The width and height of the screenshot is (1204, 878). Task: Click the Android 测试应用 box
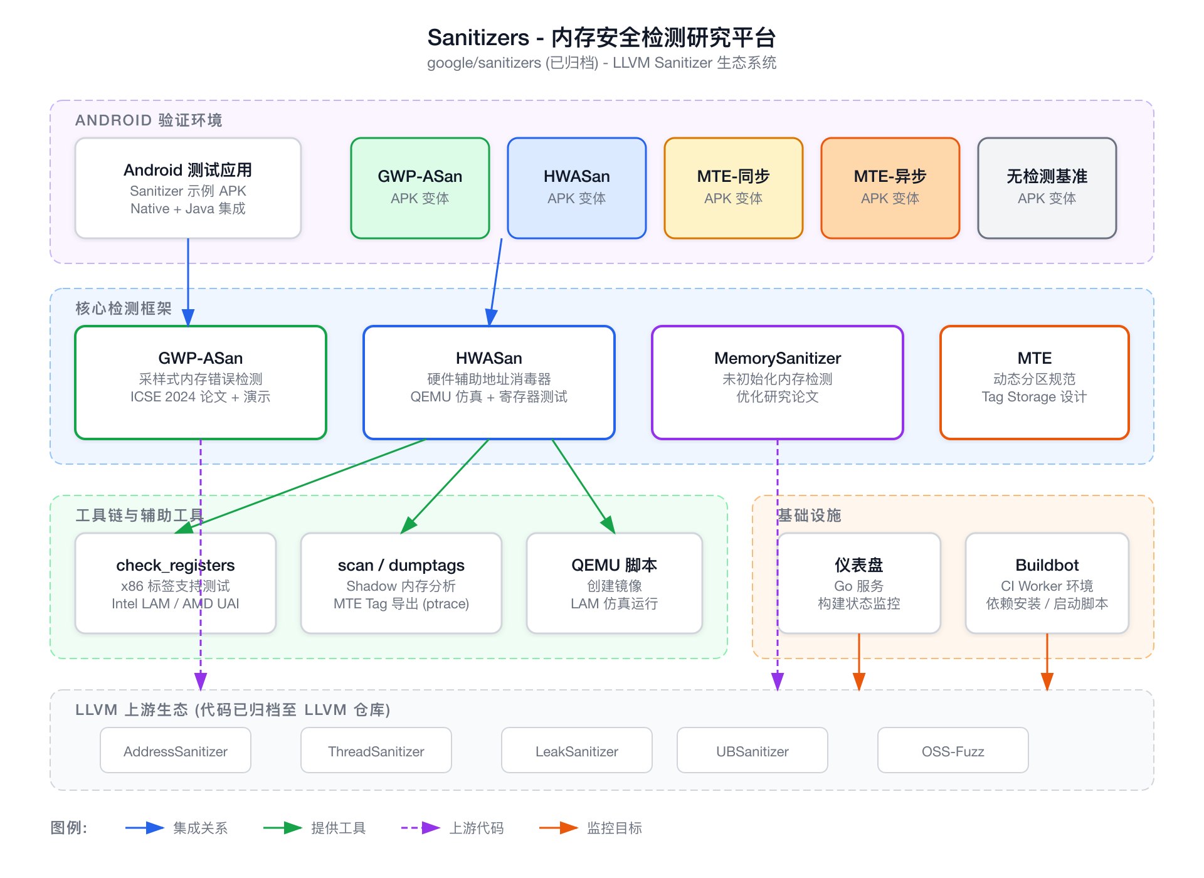pyautogui.click(x=187, y=188)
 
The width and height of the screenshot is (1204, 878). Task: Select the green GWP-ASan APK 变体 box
pyautogui.click(x=420, y=188)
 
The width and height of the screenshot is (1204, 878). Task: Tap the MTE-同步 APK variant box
pyautogui.click(x=733, y=188)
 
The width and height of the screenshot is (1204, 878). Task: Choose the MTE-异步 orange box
pyautogui.click(x=890, y=188)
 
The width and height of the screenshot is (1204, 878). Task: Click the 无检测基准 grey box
pyautogui.click(x=1047, y=188)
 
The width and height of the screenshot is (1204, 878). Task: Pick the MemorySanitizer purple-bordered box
pyautogui.click(x=777, y=383)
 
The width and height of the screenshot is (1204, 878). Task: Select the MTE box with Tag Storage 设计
pyautogui.click(x=1034, y=383)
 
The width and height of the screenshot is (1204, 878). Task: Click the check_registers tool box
pyautogui.click(x=175, y=583)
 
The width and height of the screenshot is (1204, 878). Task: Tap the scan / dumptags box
pyautogui.click(x=401, y=583)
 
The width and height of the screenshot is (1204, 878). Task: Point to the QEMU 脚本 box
pyautogui.click(x=614, y=583)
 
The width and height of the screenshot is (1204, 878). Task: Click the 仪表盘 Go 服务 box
pyautogui.click(x=858, y=583)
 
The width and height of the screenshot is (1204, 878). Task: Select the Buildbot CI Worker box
pyautogui.click(x=1047, y=583)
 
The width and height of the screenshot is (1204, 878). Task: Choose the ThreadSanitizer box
pyautogui.click(x=376, y=751)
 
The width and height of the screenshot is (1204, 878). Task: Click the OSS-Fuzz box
pyautogui.click(x=953, y=751)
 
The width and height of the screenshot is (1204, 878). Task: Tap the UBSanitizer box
pyautogui.click(x=752, y=751)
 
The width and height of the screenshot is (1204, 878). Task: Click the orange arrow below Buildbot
pyautogui.click(x=1047, y=665)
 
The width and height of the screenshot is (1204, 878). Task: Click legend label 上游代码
pyautogui.click(x=476, y=828)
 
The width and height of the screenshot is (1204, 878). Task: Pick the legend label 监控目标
pyautogui.click(x=614, y=828)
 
